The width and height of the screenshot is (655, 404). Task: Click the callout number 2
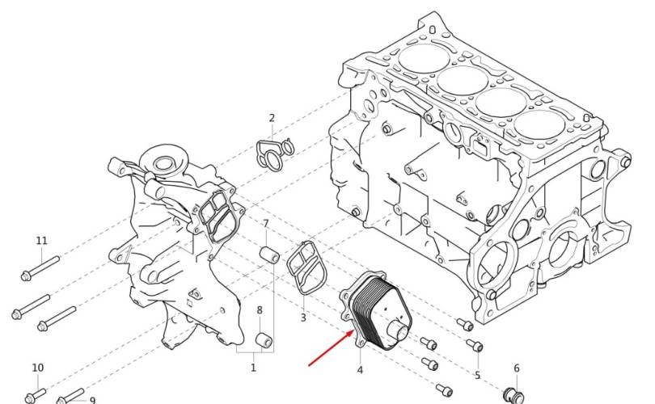coord(272,118)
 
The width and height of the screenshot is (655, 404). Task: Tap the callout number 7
coord(266,224)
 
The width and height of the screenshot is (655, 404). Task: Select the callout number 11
coord(42,241)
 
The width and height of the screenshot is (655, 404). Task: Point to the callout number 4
coord(360,370)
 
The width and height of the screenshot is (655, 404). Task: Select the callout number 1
coord(253,368)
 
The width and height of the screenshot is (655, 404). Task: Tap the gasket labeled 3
coord(307,268)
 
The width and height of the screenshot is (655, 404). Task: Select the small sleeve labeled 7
coord(270,255)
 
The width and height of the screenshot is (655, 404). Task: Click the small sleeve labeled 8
coord(264,339)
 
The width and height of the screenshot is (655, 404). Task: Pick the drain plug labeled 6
coord(513,395)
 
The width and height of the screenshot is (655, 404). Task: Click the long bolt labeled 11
coord(40,268)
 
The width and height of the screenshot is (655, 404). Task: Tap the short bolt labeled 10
coord(36,396)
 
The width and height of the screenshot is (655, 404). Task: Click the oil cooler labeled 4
coord(375,311)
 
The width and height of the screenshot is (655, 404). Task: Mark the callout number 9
coord(93,400)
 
